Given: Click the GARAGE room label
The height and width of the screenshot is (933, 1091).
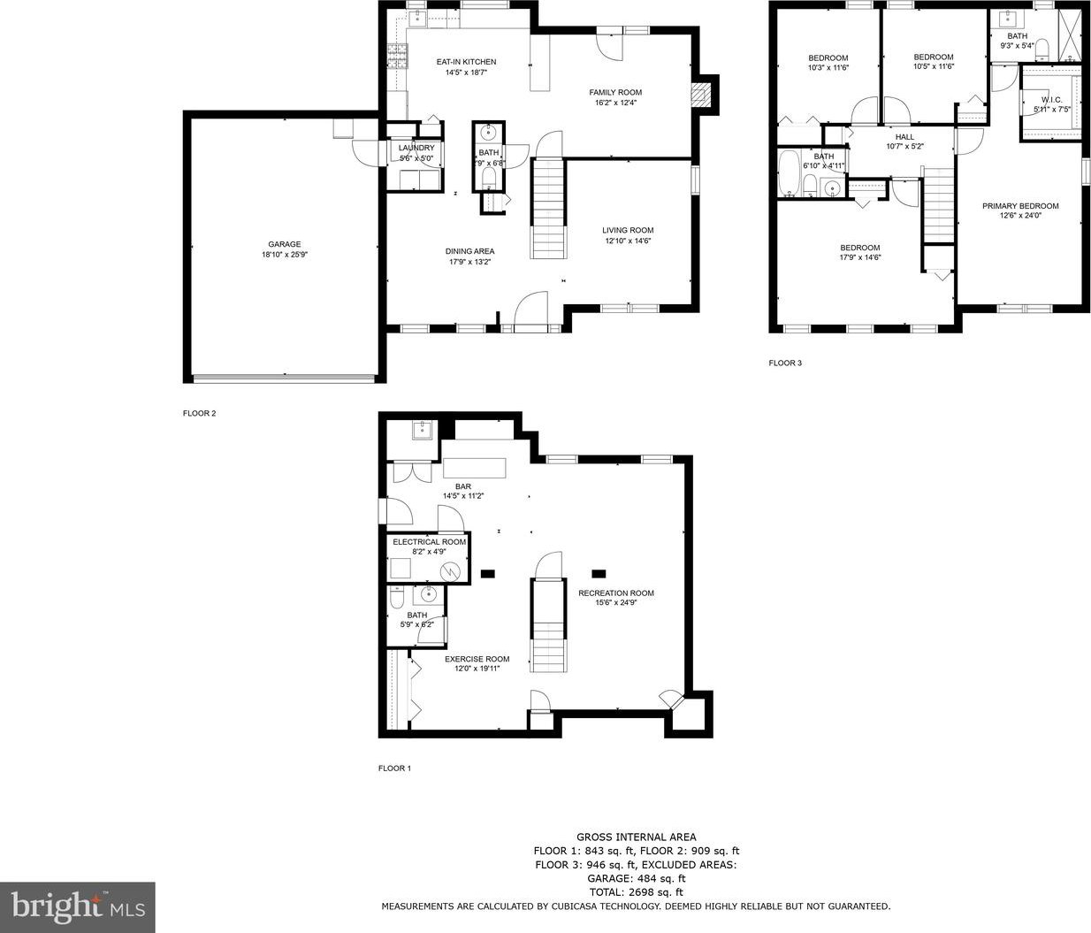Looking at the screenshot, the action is click(x=285, y=244).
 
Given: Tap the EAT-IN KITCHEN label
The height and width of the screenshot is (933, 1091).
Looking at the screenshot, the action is click(x=466, y=62).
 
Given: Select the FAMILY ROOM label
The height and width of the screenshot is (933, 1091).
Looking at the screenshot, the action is click(x=615, y=92).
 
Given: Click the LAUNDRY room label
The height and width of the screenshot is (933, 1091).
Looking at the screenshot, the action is click(x=416, y=148).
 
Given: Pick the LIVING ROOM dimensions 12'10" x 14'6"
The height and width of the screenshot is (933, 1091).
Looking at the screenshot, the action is click(x=628, y=241).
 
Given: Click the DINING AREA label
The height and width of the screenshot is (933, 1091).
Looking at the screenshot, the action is click(x=469, y=251).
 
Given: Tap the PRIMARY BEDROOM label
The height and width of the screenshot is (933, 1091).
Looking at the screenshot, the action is click(x=1020, y=206).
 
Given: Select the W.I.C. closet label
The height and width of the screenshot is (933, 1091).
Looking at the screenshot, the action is click(x=1052, y=100).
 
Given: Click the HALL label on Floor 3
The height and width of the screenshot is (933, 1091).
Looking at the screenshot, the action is click(x=904, y=137).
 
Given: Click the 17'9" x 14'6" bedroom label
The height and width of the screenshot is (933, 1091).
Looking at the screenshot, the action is click(x=860, y=252).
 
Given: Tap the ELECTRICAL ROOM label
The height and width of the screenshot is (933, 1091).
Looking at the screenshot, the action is click(x=429, y=542).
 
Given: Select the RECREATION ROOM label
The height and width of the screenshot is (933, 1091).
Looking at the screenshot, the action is click(x=616, y=593).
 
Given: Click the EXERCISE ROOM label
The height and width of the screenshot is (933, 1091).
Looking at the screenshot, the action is click(x=477, y=659).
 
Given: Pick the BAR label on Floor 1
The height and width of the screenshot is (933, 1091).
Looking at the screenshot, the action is click(x=463, y=486).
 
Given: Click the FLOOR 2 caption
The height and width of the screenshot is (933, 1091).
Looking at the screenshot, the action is click(x=200, y=413).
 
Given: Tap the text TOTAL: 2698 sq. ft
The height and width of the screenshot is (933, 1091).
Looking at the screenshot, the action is click(x=636, y=891).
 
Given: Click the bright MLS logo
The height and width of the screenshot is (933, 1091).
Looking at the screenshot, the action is click(x=78, y=906).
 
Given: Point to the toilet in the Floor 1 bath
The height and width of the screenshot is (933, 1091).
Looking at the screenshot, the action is click(x=396, y=596).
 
